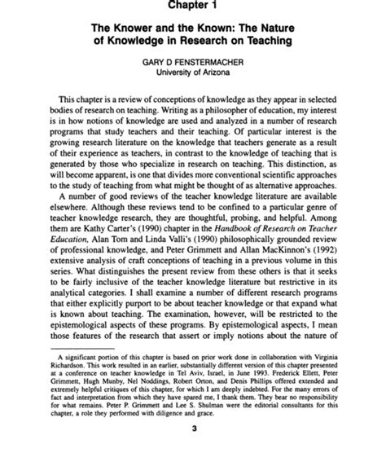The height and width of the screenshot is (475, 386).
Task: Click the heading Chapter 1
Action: click(x=191, y=7)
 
